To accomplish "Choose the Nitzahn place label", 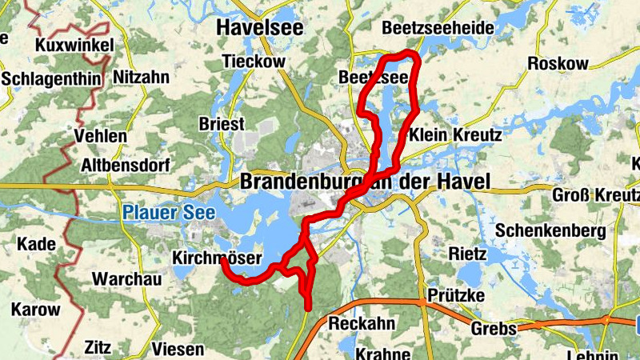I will point(142,78).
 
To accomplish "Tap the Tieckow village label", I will point(254,62).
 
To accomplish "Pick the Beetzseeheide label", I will point(438,28).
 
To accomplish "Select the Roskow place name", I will point(558,64).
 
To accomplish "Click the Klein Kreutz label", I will point(455,135).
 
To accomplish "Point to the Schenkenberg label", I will point(550,230).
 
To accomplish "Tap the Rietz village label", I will point(468,254).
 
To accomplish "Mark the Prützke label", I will point(456,296).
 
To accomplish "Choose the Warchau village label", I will point(127,279).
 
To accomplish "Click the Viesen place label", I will point(178,349).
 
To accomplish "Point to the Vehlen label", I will point(100,136).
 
